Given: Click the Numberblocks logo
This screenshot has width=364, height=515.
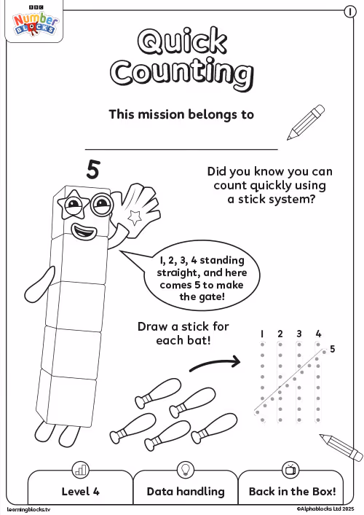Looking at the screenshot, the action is click(35, 23).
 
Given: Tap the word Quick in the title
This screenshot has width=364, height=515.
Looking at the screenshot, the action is click(182, 41).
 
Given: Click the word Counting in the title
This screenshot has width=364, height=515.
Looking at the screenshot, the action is click(182, 74).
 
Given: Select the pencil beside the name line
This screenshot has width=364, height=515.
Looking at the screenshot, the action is click(306, 122).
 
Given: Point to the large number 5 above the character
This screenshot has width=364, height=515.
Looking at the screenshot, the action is click(93, 170).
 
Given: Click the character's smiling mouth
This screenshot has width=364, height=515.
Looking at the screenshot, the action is click(84, 231).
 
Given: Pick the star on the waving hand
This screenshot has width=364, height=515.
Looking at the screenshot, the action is click(135, 217).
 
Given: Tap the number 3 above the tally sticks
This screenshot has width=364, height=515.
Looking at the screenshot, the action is click(299, 334).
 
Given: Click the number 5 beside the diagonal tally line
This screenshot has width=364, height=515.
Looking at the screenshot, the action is click(333, 349).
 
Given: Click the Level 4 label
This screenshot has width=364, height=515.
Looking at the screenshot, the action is click(80, 492).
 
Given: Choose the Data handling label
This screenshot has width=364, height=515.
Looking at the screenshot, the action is click(186, 492).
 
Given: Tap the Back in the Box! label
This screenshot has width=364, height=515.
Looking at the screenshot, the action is click(292, 492).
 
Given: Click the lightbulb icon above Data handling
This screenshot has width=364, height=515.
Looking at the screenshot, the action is click(186, 470).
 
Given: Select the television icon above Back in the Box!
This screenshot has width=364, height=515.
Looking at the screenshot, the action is click(290, 470).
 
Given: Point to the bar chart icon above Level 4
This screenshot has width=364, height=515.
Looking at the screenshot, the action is click(80, 470).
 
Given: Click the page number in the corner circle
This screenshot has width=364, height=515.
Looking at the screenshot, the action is click(350, 12).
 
